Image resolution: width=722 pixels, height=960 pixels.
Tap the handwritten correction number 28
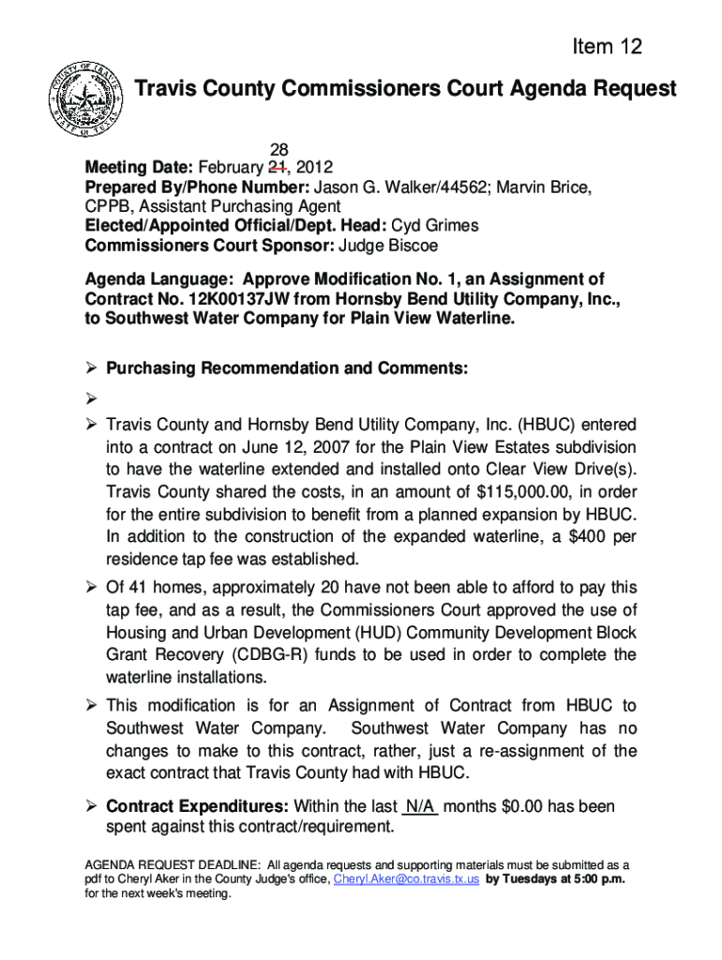pyautogui.click(x=279, y=151)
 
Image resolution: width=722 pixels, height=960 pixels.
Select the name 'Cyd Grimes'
pyautogui.click(x=434, y=226)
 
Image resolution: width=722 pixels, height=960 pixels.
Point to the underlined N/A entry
pyautogui.click(x=419, y=807)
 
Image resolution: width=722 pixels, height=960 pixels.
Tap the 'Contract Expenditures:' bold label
pyautogui.click(x=198, y=807)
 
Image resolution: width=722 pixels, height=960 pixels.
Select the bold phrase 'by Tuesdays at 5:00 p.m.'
pyautogui.click(x=556, y=879)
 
